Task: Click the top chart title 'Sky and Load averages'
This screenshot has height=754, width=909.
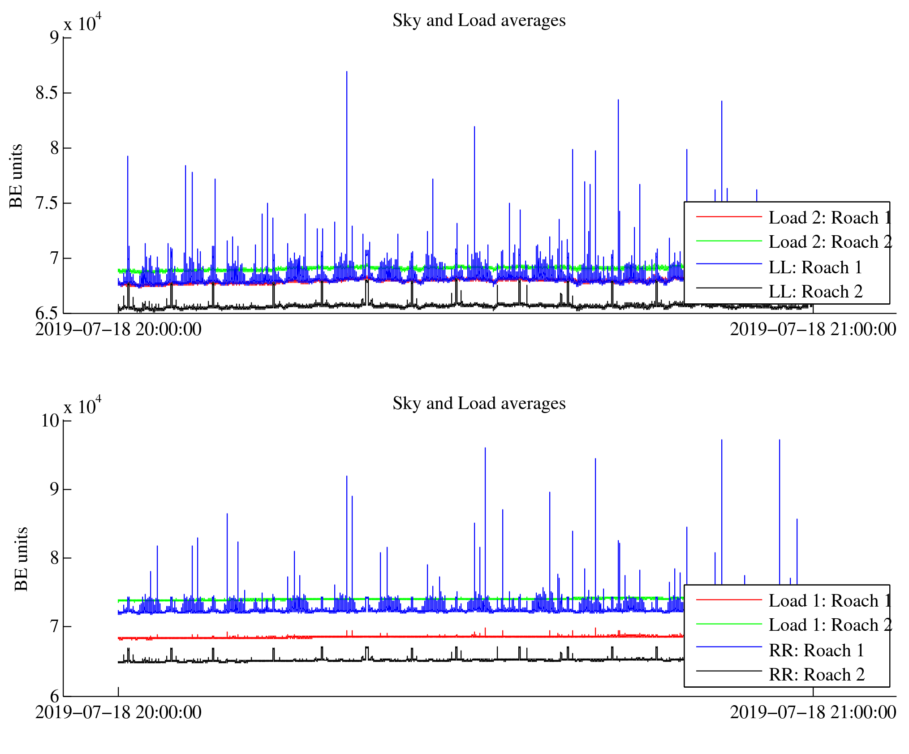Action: [x=478, y=21]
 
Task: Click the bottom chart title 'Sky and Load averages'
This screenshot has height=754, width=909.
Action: [x=478, y=404]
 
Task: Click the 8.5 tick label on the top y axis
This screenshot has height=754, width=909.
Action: [x=47, y=93]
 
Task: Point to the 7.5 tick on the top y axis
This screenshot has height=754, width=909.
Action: [x=47, y=203]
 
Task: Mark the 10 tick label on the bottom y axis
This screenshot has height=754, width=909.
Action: [x=50, y=421]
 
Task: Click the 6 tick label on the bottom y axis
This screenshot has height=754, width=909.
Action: [x=54, y=697]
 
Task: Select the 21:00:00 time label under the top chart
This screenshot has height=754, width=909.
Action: [x=813, y=330]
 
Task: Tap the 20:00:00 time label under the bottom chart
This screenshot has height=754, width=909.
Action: [x=118, y=713]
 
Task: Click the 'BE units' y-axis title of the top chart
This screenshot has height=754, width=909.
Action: [x=16, y=176]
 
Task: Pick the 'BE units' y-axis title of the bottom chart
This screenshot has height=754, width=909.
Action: [x=21, y=559]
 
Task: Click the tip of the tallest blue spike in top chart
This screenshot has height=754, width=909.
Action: [x=347, y=72]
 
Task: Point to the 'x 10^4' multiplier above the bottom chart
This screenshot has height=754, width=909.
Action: [x=82, y=407]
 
